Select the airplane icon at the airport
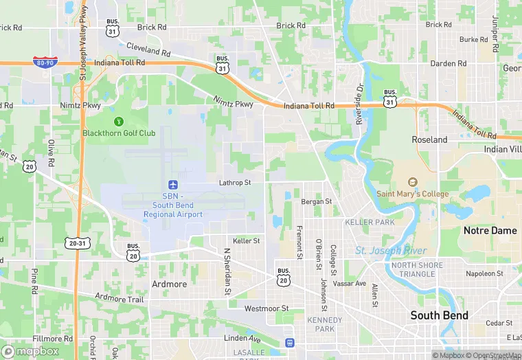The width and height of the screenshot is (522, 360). (x=173, y=185)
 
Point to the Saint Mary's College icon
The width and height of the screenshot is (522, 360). (x=413, y=183)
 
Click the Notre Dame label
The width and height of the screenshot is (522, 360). (x=490, y=231)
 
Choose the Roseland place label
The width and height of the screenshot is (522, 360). (x=429, y=139)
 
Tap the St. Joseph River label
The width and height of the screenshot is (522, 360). (x=391, y=250)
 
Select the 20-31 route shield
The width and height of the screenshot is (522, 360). (x=77, y=243)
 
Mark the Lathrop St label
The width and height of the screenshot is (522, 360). (x=235, y=183)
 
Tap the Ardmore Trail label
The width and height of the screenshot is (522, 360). (x=120, y=300)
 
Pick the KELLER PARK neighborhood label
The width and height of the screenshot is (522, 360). (x=370, y=223)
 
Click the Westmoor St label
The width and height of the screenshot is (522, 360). (x=266, y=308)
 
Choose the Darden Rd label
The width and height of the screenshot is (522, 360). (x=448, y=63)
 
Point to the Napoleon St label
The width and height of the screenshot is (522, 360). (x=485, y=273)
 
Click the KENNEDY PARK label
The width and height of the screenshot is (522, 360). (x=325, y=325)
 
